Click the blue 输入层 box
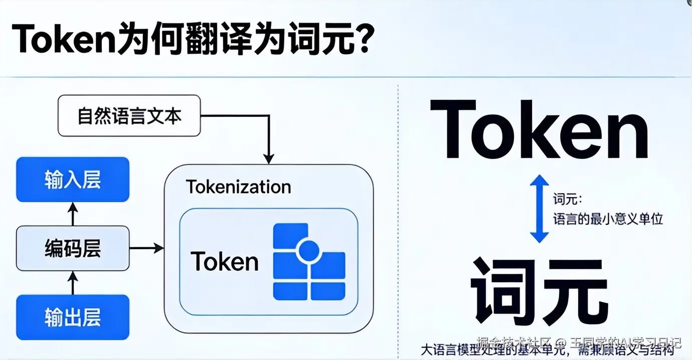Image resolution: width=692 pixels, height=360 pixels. [x=73, y=179]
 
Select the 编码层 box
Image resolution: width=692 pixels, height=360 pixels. [x=73, y=248]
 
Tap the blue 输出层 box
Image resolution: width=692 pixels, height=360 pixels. [x=73, y=317]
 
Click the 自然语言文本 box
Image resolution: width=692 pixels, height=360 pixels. [x=129, y=116]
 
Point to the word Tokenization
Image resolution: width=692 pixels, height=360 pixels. [x=238, y=187]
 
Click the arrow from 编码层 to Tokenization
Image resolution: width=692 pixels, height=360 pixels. [x=146, y=248]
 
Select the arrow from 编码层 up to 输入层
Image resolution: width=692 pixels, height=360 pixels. [x=73, y=214]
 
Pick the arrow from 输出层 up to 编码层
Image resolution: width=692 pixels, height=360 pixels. [x=73, y=283]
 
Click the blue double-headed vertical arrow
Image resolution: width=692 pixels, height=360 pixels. [x=539, y=209]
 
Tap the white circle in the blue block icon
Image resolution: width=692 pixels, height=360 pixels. [x=308, y=250]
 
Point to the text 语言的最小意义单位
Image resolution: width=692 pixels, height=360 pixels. [x=608, y=219]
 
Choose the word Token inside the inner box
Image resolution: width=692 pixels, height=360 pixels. [x=224, y=261]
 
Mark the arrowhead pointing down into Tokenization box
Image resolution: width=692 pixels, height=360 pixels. [x=269, y=158]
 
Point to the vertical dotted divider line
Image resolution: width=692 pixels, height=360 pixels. [x=398, y=221]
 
